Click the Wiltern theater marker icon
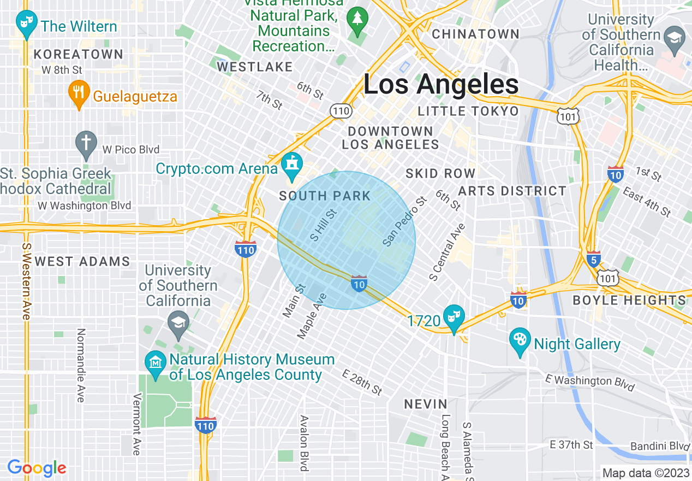[x=26, y=23]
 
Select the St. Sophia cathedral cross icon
[x=86, y=142]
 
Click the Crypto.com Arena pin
[x=292, y=165]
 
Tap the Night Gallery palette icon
[x=520, y=340]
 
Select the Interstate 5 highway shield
[x=594, y=259]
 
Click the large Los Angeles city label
[x=440, y=85]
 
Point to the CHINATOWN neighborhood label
[x=475, y=34]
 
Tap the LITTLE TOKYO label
[x=468, y=112]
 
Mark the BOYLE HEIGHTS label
[x=629, y=300]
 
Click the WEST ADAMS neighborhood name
[x=82, y=261]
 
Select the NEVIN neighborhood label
[x=426, y=404]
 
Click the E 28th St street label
[x=362, y=382]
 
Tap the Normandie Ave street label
[x=81, y=365]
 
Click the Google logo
[x=37, y=468]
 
